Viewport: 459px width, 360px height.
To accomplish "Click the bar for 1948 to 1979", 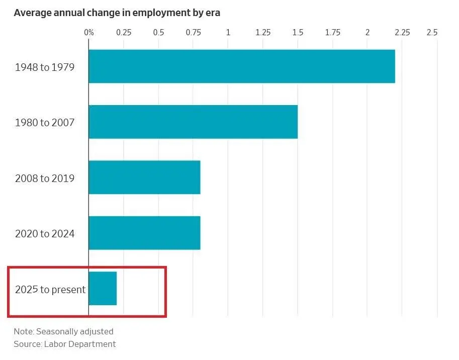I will pyautogui.click(x=241, y=66).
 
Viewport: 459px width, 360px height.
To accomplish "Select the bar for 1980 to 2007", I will pyautogui.click(x=193, y=122).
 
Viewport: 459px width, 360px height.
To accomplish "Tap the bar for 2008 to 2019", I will pyautogui.click(x=144, y=177).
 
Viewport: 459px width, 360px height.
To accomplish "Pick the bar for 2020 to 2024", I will pyautogui.click(x=144, y=233).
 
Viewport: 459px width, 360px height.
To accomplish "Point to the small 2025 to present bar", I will pyautogui.click(x=103, y=288).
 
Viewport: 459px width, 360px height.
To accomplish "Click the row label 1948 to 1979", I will pyautogui.click(x=45, y=67).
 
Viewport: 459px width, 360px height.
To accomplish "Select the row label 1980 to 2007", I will pyautogui.click(x=45, y=122).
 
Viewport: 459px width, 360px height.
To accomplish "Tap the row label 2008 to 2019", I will pyautogui.click(x=45, y=178).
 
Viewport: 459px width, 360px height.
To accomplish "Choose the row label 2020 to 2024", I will pyautogui.click(x=45, y=233).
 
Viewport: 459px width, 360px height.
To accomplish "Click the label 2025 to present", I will pyautogui.click(x=50, y=289).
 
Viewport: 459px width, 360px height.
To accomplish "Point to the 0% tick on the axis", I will pyautogui.click(x=89, y=33).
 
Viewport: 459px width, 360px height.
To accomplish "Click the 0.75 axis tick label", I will pyautogui.click(x=194, y=33).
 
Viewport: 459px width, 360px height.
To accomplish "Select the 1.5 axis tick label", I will pyautogui.click(x=298, y=33).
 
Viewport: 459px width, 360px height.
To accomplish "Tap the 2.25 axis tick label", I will pyautogui.click(x=402, y=33).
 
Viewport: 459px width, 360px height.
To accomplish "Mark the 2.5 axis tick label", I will pyautogui.click(x=432, y=33).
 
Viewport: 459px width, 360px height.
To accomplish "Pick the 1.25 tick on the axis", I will pyautogui.click(x=263, y=33).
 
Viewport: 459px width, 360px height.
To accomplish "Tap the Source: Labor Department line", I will pyautogui.click(x=65, y=344).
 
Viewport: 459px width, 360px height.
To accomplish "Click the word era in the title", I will pyautogui.click(x=212, y=13).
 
